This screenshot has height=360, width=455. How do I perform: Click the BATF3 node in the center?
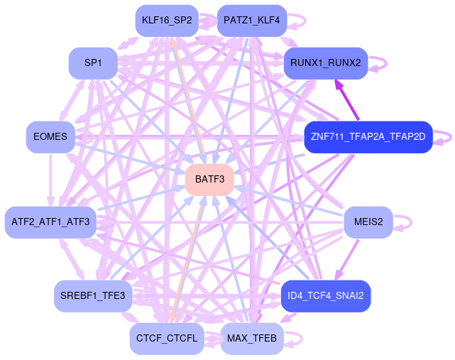(209, 180)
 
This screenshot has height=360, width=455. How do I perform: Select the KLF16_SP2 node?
(166, 20)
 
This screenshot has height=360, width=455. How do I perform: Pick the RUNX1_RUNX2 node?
(325, 63)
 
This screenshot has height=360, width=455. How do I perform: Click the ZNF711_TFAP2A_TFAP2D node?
(368, 137)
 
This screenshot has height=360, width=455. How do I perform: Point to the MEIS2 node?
(368, 222)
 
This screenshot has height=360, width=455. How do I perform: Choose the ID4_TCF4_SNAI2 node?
(325, 296)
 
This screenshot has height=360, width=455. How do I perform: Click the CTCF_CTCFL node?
(166, 339)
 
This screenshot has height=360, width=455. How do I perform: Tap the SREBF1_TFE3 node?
(92, 296)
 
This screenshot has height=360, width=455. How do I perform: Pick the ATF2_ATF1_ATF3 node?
(50, 222)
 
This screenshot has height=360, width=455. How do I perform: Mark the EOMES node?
(50, 137)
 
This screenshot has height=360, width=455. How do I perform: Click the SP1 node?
(92, 63)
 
